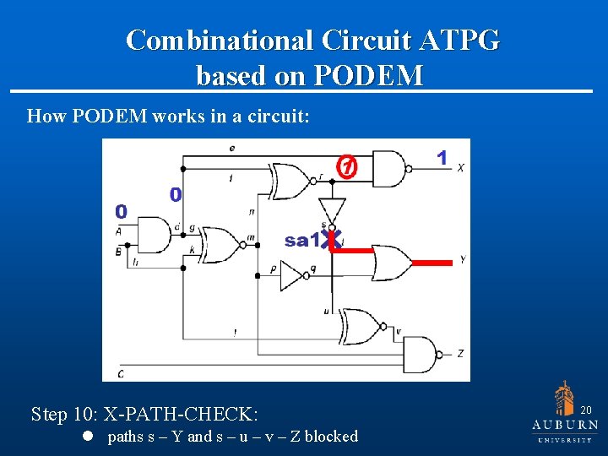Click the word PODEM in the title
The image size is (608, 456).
[x=368, y=76]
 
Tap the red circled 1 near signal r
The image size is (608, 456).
[x=346, y=167]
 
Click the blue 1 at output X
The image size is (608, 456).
[x=441, y=158]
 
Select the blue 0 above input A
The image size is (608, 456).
[x=122, y=211]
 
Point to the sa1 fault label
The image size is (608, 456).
[x=302, y=241]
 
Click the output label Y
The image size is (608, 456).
[x=461, y=260]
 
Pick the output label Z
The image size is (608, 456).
[x=460, y=353]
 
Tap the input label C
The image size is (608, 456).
[x=121, y=373]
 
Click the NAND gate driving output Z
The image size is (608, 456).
[x=421, y=354]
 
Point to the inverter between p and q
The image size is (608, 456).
[x=295, y=274]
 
